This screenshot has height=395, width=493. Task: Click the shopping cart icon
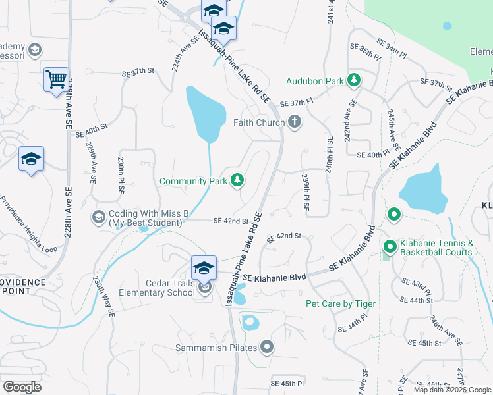point(57,80)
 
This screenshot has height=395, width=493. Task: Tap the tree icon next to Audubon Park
point(354,80)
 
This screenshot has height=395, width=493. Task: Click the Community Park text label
point(193,180)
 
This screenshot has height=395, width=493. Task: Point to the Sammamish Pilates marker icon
point(266,346)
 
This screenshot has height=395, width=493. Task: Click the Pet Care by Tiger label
point(340,303)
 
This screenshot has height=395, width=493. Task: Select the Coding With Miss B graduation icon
point(98,217)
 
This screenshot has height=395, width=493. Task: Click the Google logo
point(22,387)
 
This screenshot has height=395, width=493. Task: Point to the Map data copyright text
point(451,390)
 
